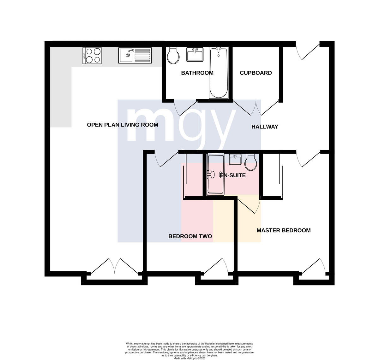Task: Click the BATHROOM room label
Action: [197, 73]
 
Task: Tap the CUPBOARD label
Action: [256, 73]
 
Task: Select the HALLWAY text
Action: [265, 127]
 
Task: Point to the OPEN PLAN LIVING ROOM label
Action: [123, 125]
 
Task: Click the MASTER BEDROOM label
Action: [284, 230]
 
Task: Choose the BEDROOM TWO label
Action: [190, 236]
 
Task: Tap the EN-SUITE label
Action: [233, 175]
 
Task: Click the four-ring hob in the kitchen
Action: [92, 56]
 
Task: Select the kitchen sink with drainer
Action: [135, 56]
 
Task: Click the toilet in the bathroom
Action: [173, 55]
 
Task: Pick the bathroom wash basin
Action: [195, 55]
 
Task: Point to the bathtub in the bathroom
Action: [219, 73]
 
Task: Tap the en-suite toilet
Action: [250, 162]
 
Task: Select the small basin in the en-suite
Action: [235, 159]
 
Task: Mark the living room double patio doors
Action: [115, 266]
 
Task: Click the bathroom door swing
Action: [183, 108]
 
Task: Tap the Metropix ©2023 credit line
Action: [189, 358]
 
